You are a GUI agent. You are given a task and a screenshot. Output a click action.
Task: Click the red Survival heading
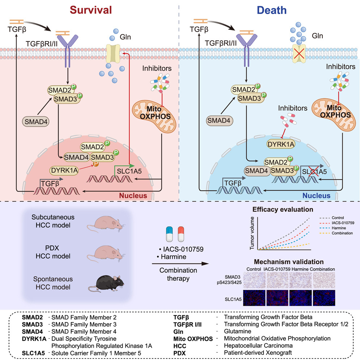[90, 10]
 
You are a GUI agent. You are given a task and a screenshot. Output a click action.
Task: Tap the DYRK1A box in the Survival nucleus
[67, 170]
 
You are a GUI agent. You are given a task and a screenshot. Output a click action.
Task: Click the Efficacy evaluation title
[283, 209]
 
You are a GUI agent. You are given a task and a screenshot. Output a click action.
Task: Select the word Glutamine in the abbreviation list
[237, 331]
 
